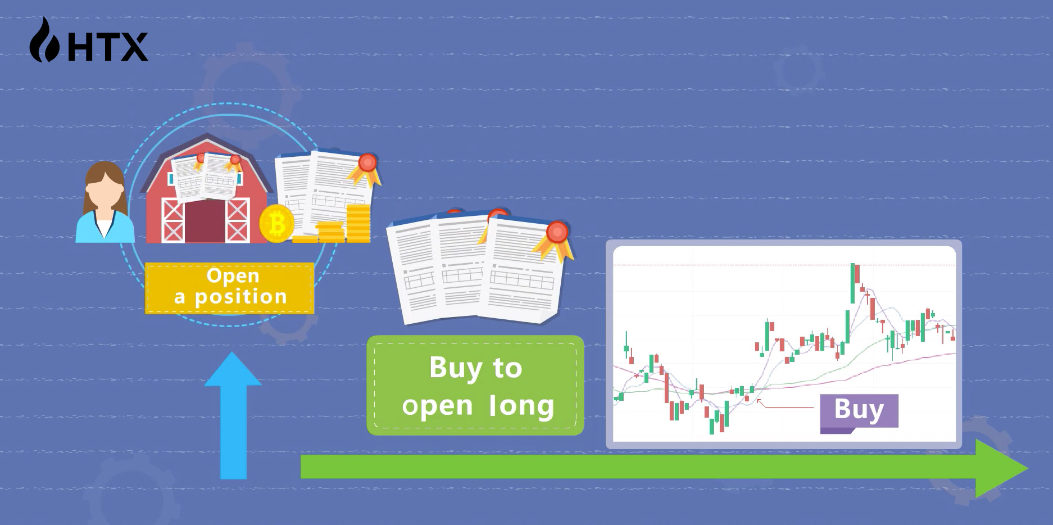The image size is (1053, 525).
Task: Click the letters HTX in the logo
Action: (x=108, y=47)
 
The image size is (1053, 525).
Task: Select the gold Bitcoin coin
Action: (x=277, y=223)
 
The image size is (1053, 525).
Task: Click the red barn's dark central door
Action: (x=205, y=221)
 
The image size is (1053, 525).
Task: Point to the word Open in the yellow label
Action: (x=233, y=276)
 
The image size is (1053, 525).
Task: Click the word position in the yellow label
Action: (x=241, y=297)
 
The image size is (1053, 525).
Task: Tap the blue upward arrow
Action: (x=233, y=415)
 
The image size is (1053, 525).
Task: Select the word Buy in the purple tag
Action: (x=859, y=410)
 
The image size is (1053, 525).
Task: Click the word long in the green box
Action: (x=522, y=406)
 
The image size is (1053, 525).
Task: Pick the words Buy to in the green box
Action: (x=475, y=369)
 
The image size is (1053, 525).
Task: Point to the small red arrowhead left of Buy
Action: (x=760, y=401)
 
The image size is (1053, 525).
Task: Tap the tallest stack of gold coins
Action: (x=358, y=223)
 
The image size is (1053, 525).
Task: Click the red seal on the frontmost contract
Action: (x=557, y=231)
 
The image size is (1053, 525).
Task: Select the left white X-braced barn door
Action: (x=173, y=220)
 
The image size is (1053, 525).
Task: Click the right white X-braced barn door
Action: (x=238, y=220)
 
